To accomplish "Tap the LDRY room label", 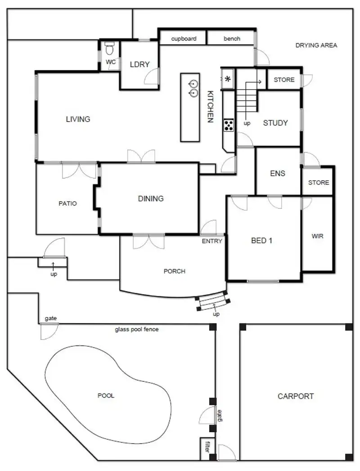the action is click(139, 64).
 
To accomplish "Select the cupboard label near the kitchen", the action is click(184, 39).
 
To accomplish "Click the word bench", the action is click(232, 39).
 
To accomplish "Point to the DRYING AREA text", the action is click(316, 45).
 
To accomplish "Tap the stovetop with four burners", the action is click(229, 125).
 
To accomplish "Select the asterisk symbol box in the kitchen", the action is click(228, 80).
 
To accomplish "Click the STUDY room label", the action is click(275, 122).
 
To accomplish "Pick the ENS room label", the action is click(278, 173).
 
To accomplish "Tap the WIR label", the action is click(317, 236).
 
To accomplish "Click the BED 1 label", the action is click(261, 240).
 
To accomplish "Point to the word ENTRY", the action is click(212, 241).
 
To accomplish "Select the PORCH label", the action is click(175, 271).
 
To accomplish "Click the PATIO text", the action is click(67, 204).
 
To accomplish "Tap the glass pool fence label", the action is click(137, 329).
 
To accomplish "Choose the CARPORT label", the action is click(296, 396).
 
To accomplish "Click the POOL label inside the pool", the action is click(106, 396).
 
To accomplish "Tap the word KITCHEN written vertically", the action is click(210, 107).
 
